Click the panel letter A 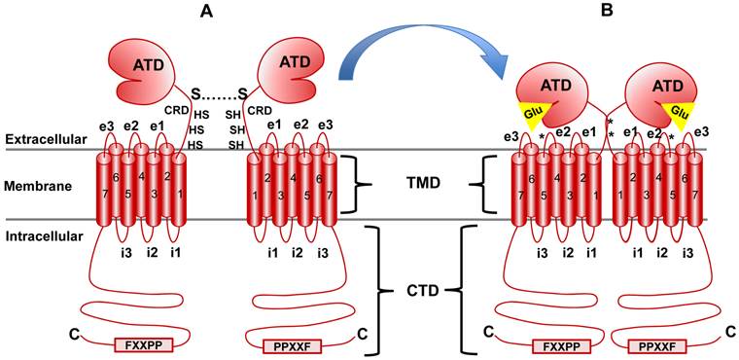[x=205, y=13]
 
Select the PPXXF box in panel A [x=295, y=344]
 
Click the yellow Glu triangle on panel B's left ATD [x=534, y=112]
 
